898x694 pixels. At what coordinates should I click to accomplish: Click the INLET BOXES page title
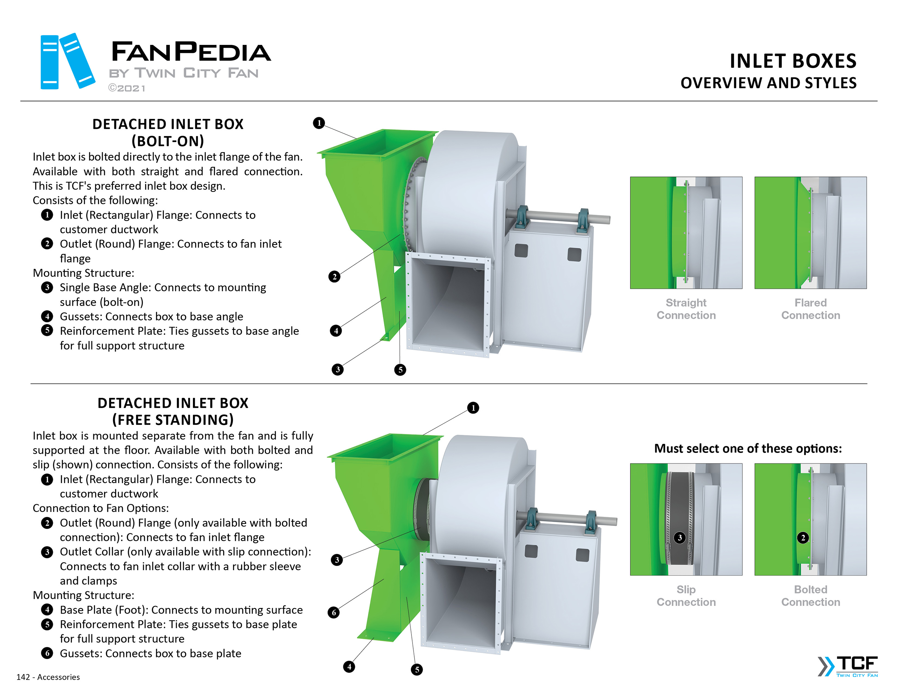click(x=792, y=61)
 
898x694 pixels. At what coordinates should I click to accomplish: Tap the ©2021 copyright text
click(x=127, y=88)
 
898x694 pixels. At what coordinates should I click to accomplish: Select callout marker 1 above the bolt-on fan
click(x=319, y=122)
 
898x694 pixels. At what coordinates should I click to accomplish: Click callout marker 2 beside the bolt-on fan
click(x=334, y=276)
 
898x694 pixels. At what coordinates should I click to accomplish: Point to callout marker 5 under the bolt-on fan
click(x=400, y=369)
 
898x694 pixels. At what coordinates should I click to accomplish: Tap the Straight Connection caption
click(x=686, y=308)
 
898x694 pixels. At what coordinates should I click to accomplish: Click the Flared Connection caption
click(x=810, y=308)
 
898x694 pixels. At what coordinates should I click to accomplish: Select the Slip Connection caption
click(x=686, y=595)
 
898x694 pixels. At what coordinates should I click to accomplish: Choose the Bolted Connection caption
click(x=810, y=595)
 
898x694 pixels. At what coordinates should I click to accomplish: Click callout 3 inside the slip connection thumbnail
click(x=680, y=537)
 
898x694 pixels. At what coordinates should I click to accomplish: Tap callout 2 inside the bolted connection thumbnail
click(x=803, y=537)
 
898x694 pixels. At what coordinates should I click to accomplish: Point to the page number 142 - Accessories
click(x=48, y=677)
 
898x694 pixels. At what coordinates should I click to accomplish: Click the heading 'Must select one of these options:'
click(x=748, y=448)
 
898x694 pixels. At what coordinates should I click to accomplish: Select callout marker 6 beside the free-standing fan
click(x=334, y=612)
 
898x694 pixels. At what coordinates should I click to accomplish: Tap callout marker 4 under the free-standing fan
click(x=349, y=666)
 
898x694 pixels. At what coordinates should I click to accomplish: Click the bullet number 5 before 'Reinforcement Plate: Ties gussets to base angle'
click(x=47, y=331)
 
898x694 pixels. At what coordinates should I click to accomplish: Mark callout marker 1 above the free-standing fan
click(x=473, y=408)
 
